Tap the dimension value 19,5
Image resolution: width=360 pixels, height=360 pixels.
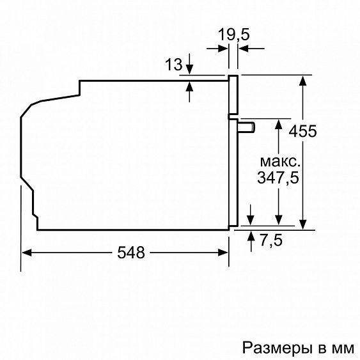pyautogui.click(x=234, y=35)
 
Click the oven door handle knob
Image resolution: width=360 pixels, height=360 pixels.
pyautogui.click(x=247, y=128)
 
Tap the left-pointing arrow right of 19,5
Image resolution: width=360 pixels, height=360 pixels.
pyautogui.click(x=244, y=47)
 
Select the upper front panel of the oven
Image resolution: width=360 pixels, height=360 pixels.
pyautogui.click(x=234, y=97)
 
